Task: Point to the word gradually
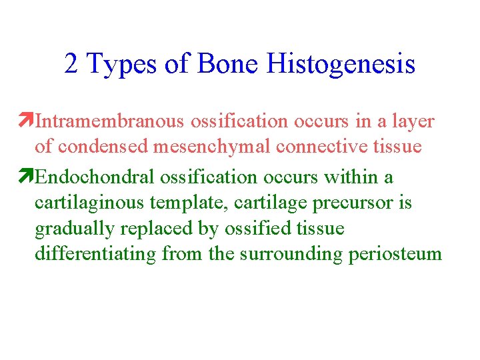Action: click(x=75, y=229)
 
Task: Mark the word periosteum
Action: click(x=395, y=254)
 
